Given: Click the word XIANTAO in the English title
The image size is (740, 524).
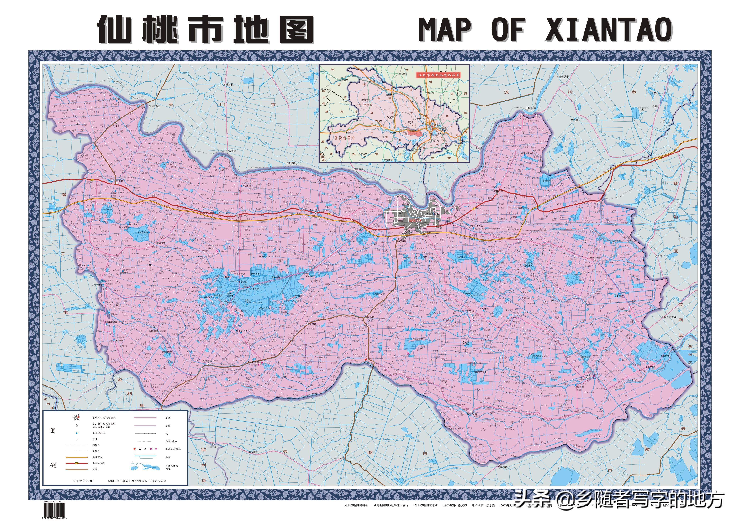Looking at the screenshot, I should tap(609, 30).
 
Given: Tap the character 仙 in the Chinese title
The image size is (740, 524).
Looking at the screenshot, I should tap(115, 30).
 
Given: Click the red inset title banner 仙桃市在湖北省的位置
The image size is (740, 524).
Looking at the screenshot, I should tap(438, 75).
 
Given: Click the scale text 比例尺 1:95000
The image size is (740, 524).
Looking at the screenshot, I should tap(83, 481).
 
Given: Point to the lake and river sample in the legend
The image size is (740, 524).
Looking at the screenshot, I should tap(145, 467).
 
